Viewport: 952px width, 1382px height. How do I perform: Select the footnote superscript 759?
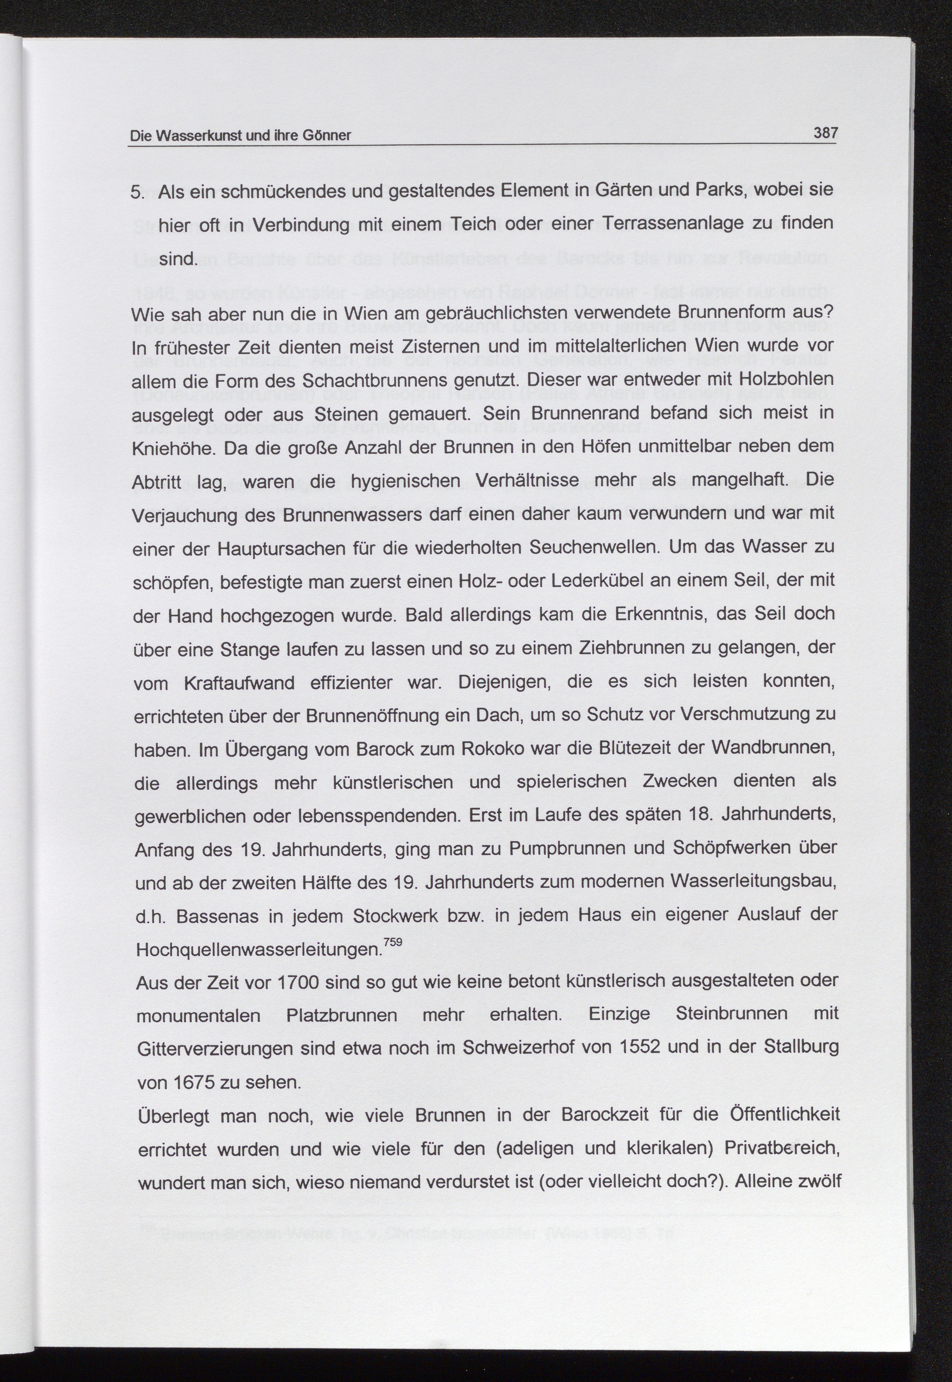(x=393, y=942)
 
